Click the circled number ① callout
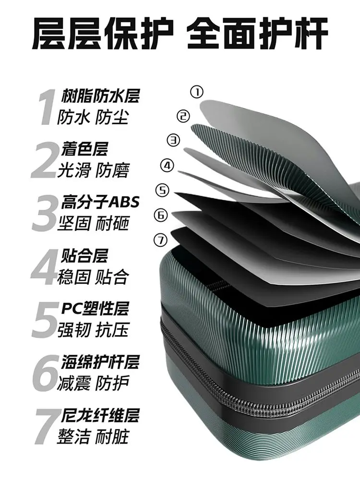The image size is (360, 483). (197, 92)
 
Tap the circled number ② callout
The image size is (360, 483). (183, 116)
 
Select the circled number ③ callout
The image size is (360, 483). (174, 140)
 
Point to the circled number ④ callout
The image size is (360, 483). (167, 166)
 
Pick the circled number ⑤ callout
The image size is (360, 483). (163, 190)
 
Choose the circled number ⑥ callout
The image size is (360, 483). (160, 215)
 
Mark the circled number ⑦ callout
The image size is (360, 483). (160, 240)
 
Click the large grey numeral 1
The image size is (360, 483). (47, 107)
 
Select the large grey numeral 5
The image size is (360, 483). (45, 319)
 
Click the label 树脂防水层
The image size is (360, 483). (100, 96)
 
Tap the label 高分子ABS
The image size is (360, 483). (100, 202)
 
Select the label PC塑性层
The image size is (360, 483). (95, 308)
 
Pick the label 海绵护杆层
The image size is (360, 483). (100, 362)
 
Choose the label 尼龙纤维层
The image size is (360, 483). (100, 415)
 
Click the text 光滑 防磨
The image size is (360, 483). (93, 170)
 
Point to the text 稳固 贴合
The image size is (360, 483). (93, 277)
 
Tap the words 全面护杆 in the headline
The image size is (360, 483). (257, 34)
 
